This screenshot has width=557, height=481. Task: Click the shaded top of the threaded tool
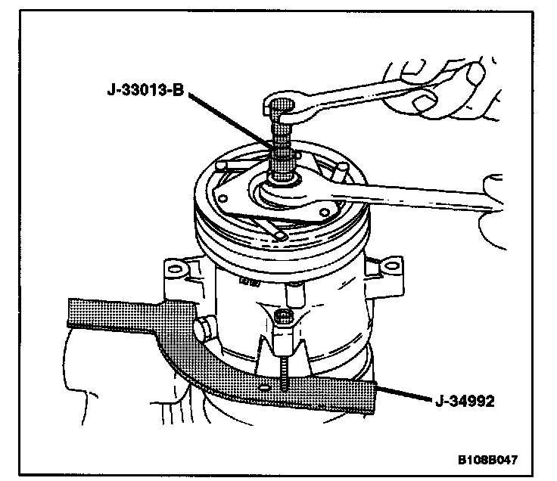click(282, 106)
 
